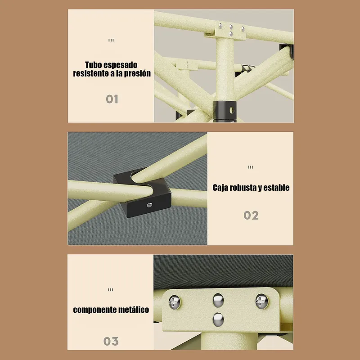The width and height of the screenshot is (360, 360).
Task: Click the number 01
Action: [112, 99]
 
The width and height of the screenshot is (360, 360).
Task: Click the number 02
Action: [251, 216]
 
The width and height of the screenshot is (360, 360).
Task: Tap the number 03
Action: [111, 341]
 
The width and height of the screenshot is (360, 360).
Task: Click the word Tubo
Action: [93, 65]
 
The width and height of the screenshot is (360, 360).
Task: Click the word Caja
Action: [220, 188]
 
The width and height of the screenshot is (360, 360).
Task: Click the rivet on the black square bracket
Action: [149, 205]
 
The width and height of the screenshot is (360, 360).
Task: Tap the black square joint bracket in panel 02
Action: [142, 193]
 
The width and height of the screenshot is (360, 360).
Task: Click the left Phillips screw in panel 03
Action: [175, 302]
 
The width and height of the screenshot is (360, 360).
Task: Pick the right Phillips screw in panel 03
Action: [262, 301]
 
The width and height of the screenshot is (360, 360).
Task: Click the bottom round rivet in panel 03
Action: [218, 319]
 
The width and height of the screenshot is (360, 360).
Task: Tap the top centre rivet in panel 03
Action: [218, 300]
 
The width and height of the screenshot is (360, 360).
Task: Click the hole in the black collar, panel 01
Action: [232, 111]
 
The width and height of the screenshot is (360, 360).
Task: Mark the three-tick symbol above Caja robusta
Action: [250, 167]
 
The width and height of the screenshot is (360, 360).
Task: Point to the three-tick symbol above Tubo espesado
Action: [111, 40]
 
